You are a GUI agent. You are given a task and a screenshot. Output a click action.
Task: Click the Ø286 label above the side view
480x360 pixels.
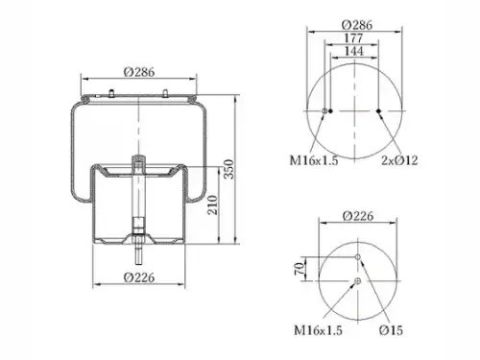(139, 72)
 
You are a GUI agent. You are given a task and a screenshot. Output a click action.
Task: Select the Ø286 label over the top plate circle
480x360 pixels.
(357, 25)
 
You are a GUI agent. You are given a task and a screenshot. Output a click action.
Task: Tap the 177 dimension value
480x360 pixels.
(353, 38)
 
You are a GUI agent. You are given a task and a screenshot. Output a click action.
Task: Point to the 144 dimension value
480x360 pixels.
(354, 51)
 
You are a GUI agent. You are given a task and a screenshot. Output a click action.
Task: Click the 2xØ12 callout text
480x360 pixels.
(399, 160)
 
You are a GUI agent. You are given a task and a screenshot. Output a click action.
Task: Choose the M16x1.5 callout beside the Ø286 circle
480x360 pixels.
(314, 160)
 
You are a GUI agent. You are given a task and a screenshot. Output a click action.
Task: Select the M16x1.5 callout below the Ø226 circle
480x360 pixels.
(318, 330)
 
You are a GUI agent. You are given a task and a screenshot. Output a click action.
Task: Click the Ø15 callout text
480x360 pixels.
(391, 330)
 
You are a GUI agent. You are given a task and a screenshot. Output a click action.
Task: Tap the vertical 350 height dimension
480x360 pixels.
(228, 169)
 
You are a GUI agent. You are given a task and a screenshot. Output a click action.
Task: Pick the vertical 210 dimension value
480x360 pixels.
(213, 204)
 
